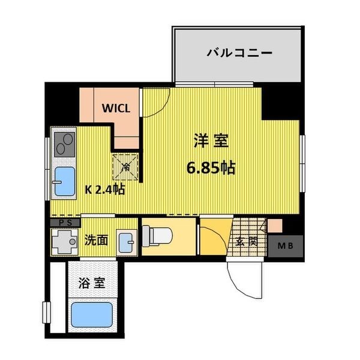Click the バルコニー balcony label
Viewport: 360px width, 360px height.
[x=239, y=53]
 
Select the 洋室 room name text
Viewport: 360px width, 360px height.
[x=209, y=142]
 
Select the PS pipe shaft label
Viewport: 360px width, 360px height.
[x=65, y=223]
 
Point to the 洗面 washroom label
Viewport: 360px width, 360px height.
[x=96, y=241]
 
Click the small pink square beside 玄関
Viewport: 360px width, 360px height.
[x=274, y=227]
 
